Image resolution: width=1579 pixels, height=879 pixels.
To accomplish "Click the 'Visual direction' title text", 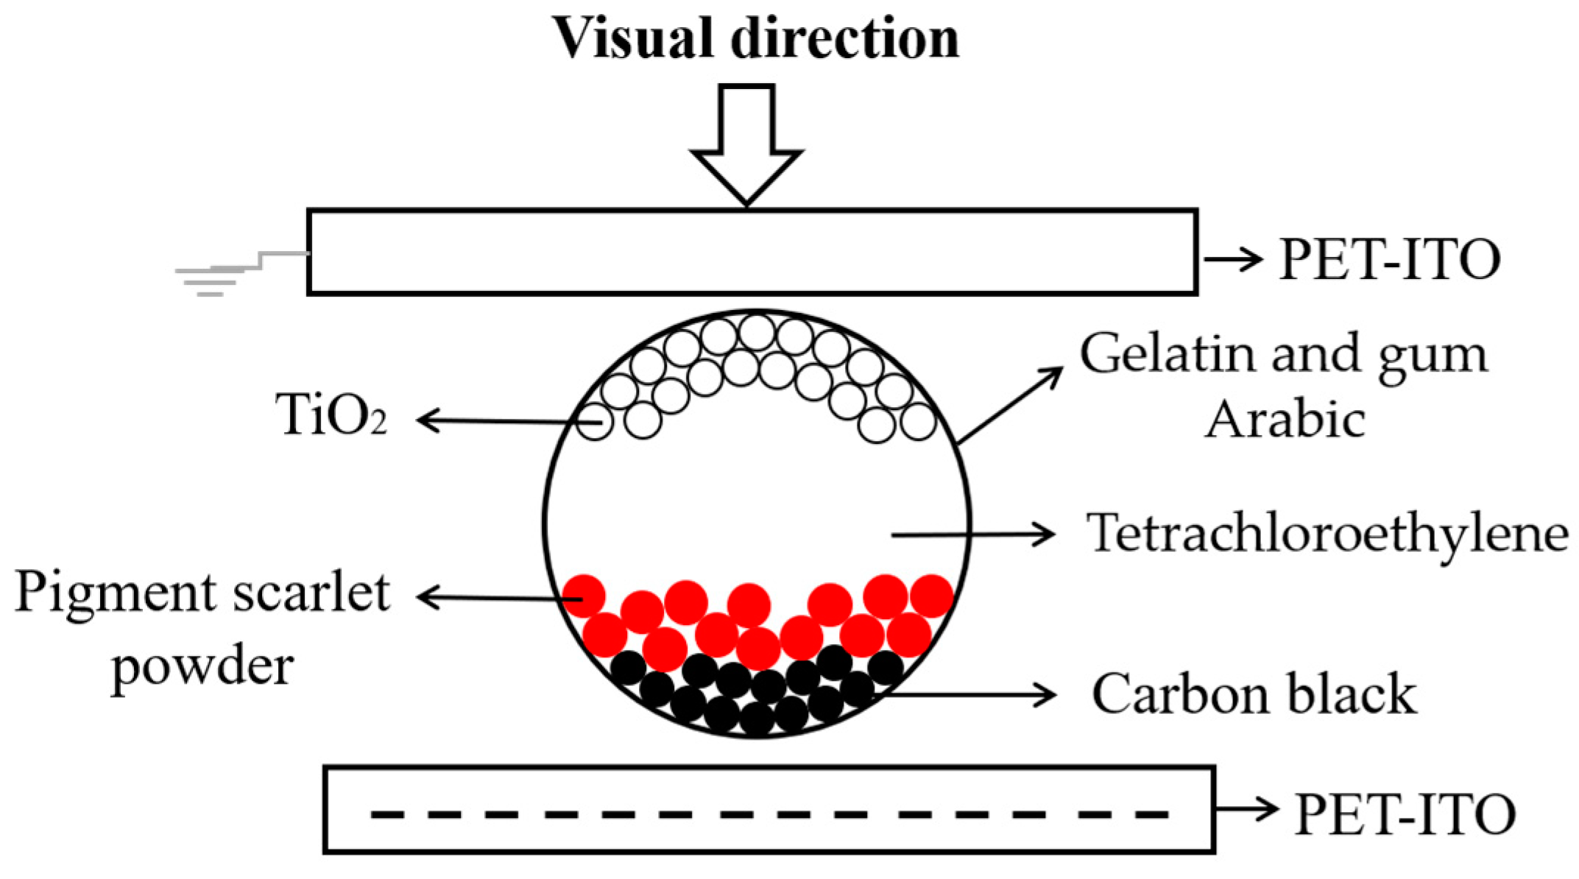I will click(x=755, y=38).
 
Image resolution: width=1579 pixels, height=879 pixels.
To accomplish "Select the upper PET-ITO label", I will click(x=1389, y=260).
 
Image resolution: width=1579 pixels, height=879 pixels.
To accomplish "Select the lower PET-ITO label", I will click(x=1405, y=814).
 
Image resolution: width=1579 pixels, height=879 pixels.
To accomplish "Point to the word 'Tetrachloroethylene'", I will click(x=1327, y=533).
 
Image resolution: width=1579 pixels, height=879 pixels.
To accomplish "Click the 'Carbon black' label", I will click(x=1254, y=694).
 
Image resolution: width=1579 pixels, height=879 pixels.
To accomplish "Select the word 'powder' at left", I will click(x=202, y=666).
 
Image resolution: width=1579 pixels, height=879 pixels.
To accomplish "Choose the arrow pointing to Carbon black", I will click(x=972, y=694).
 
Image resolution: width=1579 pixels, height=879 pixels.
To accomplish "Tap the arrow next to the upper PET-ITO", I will click(x=1233, y=259).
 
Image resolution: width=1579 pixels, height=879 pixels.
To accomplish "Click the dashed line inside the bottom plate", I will click(x=769, y=814).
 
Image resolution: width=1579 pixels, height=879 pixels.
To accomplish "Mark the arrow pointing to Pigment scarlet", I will click(x=501, y=597).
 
